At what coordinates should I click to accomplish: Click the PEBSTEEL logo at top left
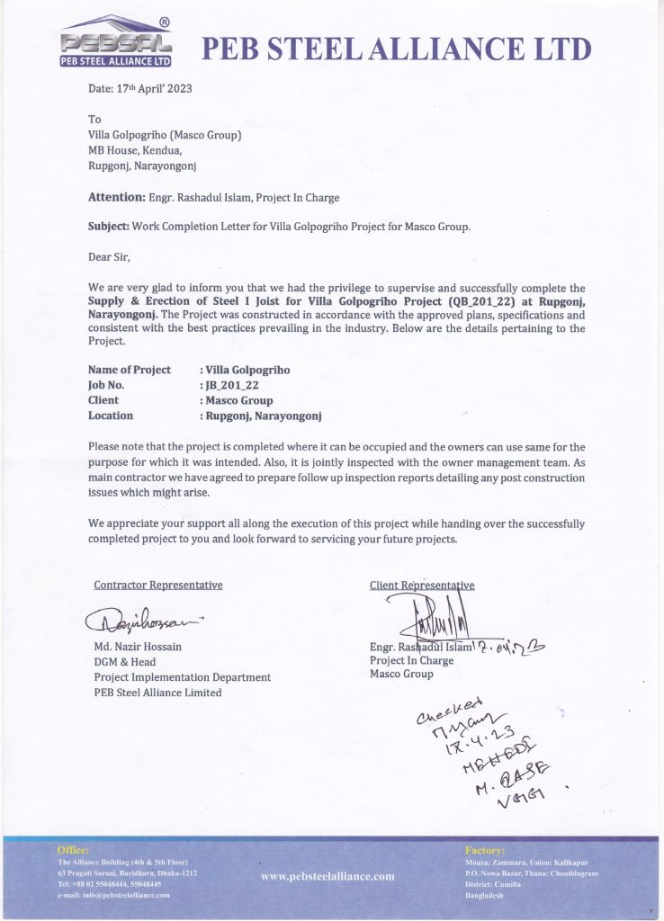(x=116, y=43)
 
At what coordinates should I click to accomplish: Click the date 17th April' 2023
(x=139, y=89)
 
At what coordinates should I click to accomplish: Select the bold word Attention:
(x=116, y=197)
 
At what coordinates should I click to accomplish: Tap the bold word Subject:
(x=108, y=227)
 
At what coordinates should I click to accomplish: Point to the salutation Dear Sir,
(x=109, y=257)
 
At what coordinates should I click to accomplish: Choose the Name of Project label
(x=130, y=370)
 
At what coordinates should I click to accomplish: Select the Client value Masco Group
(x=238, y=400)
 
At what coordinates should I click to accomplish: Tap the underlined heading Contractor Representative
(x=158, y=585)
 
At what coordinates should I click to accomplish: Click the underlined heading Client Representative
(x=422, y=585)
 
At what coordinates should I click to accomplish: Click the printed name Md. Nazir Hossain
(x=138, y=646)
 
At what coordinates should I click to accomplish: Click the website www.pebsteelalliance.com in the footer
(x=328, y=876)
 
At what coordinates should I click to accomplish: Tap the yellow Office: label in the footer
(x=73, y=849)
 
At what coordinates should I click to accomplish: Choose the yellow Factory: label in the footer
(x=485, y=849)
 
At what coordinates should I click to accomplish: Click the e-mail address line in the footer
(x=113, y=895)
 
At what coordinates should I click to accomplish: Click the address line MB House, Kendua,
(x=134, y=150)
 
